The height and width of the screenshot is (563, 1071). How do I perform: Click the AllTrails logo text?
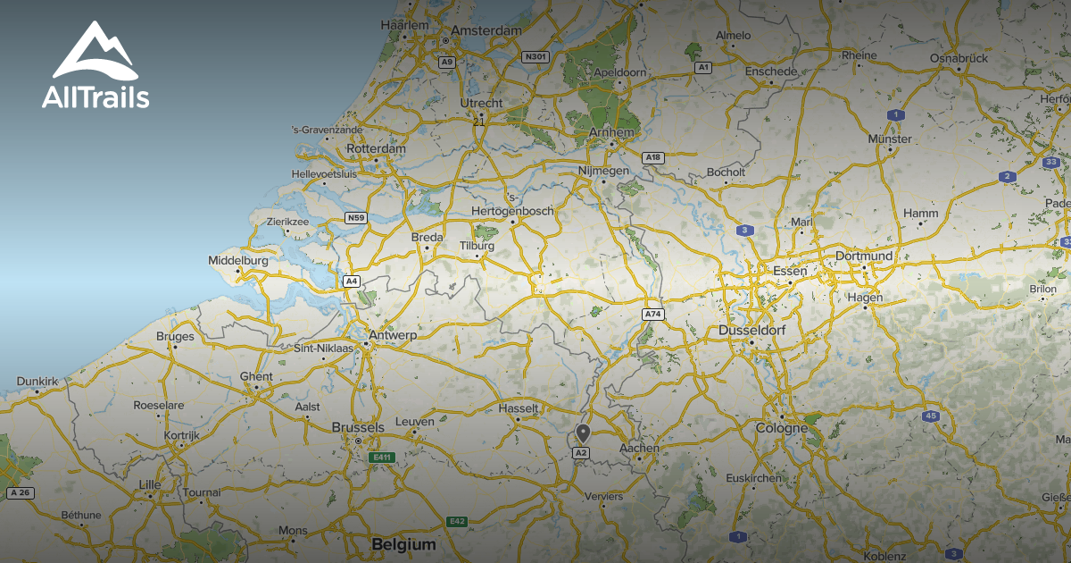click(95, 97)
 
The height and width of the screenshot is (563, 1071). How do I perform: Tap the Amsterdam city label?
click(486, 30)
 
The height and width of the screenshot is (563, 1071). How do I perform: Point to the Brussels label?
click(357, 427)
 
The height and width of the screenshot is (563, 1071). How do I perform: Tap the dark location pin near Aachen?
click(583, 433)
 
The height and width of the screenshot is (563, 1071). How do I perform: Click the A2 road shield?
click(581, 453)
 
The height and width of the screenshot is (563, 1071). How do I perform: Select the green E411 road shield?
click(382, 458)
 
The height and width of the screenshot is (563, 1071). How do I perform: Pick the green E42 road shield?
click(457, 521)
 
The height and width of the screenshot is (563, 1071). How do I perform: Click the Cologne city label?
click(781, 428)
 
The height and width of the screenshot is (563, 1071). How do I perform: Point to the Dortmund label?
click(863, 256)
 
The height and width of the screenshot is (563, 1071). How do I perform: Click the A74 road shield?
click(653, 315)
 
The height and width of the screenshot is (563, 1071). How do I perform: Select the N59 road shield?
click(356, 217)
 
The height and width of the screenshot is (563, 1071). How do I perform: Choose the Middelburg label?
click(237, 260)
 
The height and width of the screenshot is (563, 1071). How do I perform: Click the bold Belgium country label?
click(403, 544)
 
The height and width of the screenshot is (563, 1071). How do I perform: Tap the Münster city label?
click(890, 139)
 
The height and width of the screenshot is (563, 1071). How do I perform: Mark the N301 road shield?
click(535, 56)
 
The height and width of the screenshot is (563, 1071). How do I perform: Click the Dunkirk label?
click(37, 382)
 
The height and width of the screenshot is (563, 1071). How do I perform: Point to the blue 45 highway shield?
click(931, 416)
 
